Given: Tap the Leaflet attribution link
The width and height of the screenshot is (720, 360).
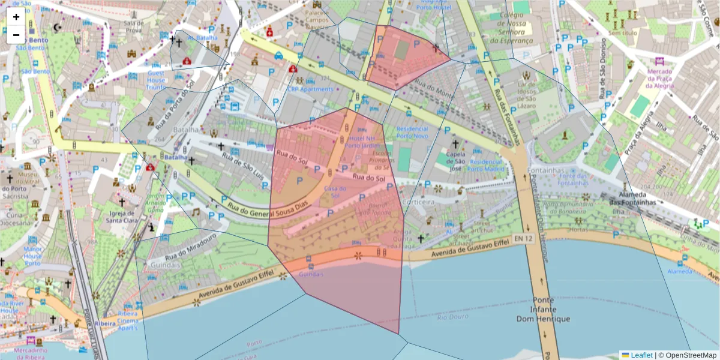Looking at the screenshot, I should tap(641, 355).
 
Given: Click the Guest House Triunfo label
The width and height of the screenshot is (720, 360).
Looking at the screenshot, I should tap(156, 80).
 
